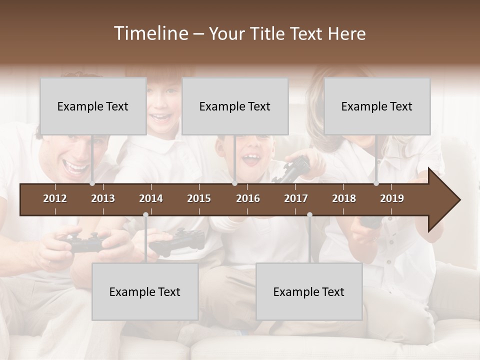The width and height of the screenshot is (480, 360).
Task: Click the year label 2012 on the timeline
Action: click(x=55, y=198)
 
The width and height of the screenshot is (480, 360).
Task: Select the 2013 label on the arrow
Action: click(x=103, y=198)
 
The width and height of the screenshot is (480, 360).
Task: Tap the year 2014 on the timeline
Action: click(x=151, y=198)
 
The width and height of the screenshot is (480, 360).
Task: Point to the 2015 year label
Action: click(x=199, y=198)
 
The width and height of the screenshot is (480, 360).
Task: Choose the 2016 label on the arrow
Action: click(x=248, y=198)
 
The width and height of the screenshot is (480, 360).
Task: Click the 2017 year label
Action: click(x=296, y=198)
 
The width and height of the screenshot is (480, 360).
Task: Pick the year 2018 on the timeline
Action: click(x=344, y=198)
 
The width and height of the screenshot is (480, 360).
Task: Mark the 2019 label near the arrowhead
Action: click(x=392, y=198)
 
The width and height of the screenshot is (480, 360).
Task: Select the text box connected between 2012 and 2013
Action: click(x=93, y=106)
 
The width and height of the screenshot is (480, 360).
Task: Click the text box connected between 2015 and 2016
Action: click(x=235, y=106)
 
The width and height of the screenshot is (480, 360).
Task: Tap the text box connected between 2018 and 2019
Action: click(x=377, y=106)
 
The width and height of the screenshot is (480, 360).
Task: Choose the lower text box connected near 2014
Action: click(x=145, y=291)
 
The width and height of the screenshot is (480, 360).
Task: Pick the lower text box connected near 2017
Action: click(x=309, y=291)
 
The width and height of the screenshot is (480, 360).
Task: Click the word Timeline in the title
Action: click(x=150, y=33)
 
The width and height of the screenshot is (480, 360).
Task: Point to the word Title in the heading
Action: click(x=269, y=34)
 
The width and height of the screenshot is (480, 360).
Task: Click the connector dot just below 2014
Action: click(x=145, y=215)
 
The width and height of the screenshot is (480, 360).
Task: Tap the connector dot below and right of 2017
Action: click(x=309, y=215)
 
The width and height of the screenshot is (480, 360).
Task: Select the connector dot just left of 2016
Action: click(x=235, y=183)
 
